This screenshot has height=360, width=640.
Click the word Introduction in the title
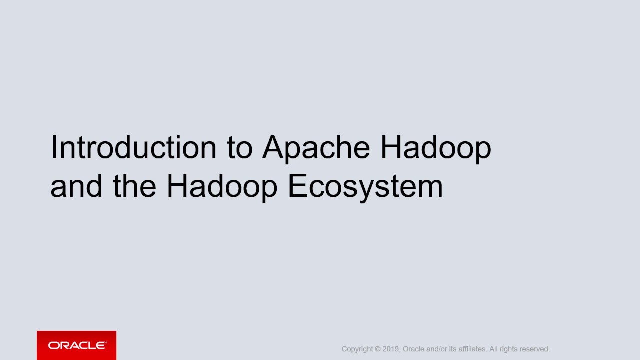133,147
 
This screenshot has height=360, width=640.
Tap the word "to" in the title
240,147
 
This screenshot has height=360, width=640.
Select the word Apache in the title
316,147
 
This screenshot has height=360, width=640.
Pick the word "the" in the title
134,186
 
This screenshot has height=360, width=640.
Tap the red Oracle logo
76,345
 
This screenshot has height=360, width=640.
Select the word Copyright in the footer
357,349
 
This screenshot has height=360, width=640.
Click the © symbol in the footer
378,349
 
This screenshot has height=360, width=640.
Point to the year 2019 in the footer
391,349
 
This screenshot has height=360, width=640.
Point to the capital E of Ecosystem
296,186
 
